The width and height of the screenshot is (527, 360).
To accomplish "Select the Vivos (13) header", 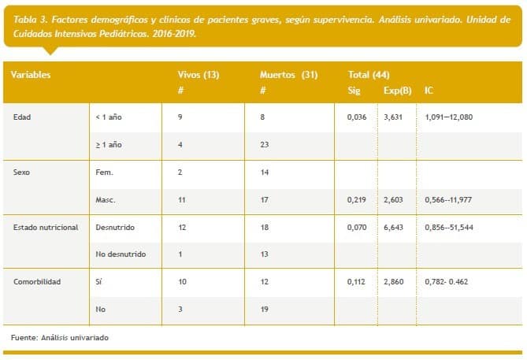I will tap(199, 74).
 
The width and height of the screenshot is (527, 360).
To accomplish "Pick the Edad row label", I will tap(23, 117).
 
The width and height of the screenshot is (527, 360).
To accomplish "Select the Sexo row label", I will tap(22, 172).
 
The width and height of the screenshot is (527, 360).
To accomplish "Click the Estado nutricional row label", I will tap(46, 227).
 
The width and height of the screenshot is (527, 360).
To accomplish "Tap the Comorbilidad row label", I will tap(36, 281).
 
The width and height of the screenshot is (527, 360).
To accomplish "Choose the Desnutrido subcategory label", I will tap(114, 227).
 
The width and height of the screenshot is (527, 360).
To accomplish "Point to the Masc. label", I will tap(105, 200).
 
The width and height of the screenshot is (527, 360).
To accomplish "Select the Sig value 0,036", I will tap(357, 117).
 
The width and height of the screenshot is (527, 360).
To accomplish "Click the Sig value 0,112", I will tap(357, 281).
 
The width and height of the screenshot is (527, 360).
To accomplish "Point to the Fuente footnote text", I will tap(60, 337).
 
